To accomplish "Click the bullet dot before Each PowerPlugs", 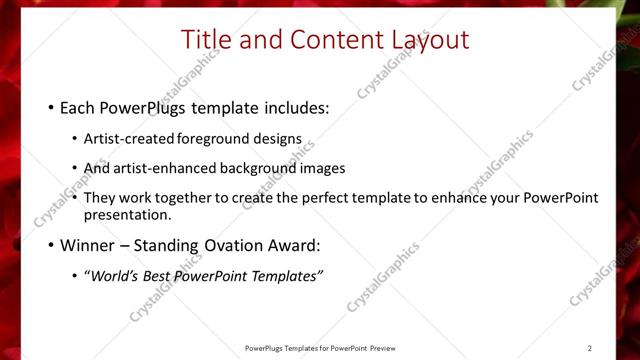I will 51,108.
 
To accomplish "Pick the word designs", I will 279,139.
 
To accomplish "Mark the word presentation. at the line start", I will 127,214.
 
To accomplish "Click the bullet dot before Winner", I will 51,245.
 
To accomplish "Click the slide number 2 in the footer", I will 590,348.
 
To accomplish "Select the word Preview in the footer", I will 382,348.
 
